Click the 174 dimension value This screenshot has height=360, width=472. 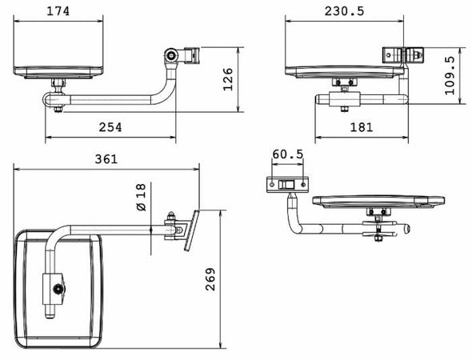(58, 11)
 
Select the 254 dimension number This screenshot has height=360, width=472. (110, 127)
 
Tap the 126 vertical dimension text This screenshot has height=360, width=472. (228, 79)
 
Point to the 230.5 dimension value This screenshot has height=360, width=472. (344, 11)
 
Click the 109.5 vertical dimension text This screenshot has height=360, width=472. (450, 75)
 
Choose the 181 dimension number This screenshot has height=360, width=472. (362, 127)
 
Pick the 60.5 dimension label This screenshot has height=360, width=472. (287, 154)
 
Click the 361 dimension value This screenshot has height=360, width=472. (106, 159)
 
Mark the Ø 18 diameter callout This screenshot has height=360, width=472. (141, 197)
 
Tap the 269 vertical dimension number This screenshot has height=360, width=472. (210, 279)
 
